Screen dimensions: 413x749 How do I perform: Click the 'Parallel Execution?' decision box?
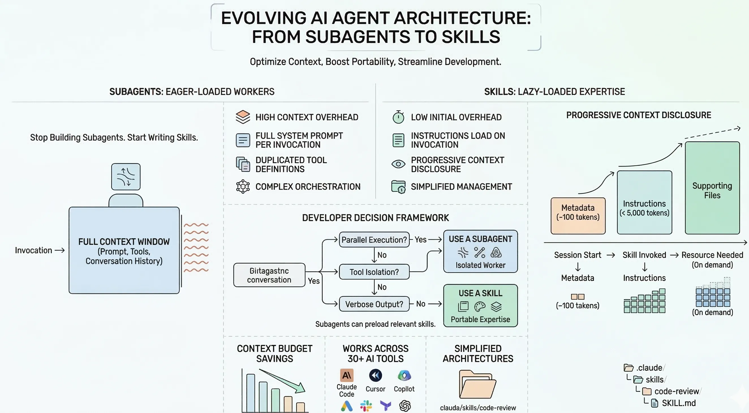click(374, 240)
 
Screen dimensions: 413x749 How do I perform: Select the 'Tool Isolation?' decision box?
click(374, 272)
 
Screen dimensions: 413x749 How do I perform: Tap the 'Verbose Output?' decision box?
click(374, 304)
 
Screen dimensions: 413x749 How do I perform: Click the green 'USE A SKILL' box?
click(480, 306)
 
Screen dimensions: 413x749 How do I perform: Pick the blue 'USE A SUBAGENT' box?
click(480, 251)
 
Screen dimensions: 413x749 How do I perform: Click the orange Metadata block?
click(578, 216)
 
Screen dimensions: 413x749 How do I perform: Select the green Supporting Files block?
click(712, 188)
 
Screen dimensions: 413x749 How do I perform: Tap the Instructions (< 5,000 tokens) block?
click(644, 203)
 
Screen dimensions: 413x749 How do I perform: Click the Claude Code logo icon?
click(346, 375)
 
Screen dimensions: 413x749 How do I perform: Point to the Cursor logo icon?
click(375, 375)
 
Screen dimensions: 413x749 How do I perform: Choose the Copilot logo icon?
click(404, 375)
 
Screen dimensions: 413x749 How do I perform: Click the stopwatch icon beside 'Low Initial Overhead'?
click(398, 117)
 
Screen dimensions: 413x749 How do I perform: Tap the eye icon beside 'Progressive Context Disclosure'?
click(398, 164)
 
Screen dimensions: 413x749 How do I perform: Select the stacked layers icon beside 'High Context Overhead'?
click(243, 117)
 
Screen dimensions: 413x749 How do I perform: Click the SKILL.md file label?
click(679, 403)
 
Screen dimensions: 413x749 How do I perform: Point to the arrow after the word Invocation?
click(60, 250)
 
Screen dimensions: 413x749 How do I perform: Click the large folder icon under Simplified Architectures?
click(477, 384)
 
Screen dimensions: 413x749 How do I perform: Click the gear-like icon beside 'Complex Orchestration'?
click(243, 186)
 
